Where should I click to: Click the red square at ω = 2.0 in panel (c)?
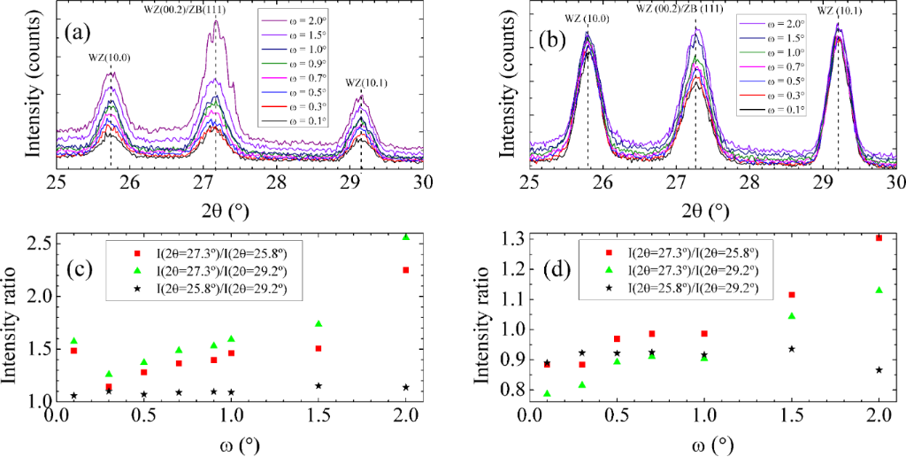[405, 270]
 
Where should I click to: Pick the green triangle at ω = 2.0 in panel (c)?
[405, 237]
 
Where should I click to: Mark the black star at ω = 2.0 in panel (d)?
[879, 369]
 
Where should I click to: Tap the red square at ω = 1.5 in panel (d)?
[792, 295]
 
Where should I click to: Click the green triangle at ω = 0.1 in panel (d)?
[546, 393]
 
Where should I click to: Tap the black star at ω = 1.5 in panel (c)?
[318, 385]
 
